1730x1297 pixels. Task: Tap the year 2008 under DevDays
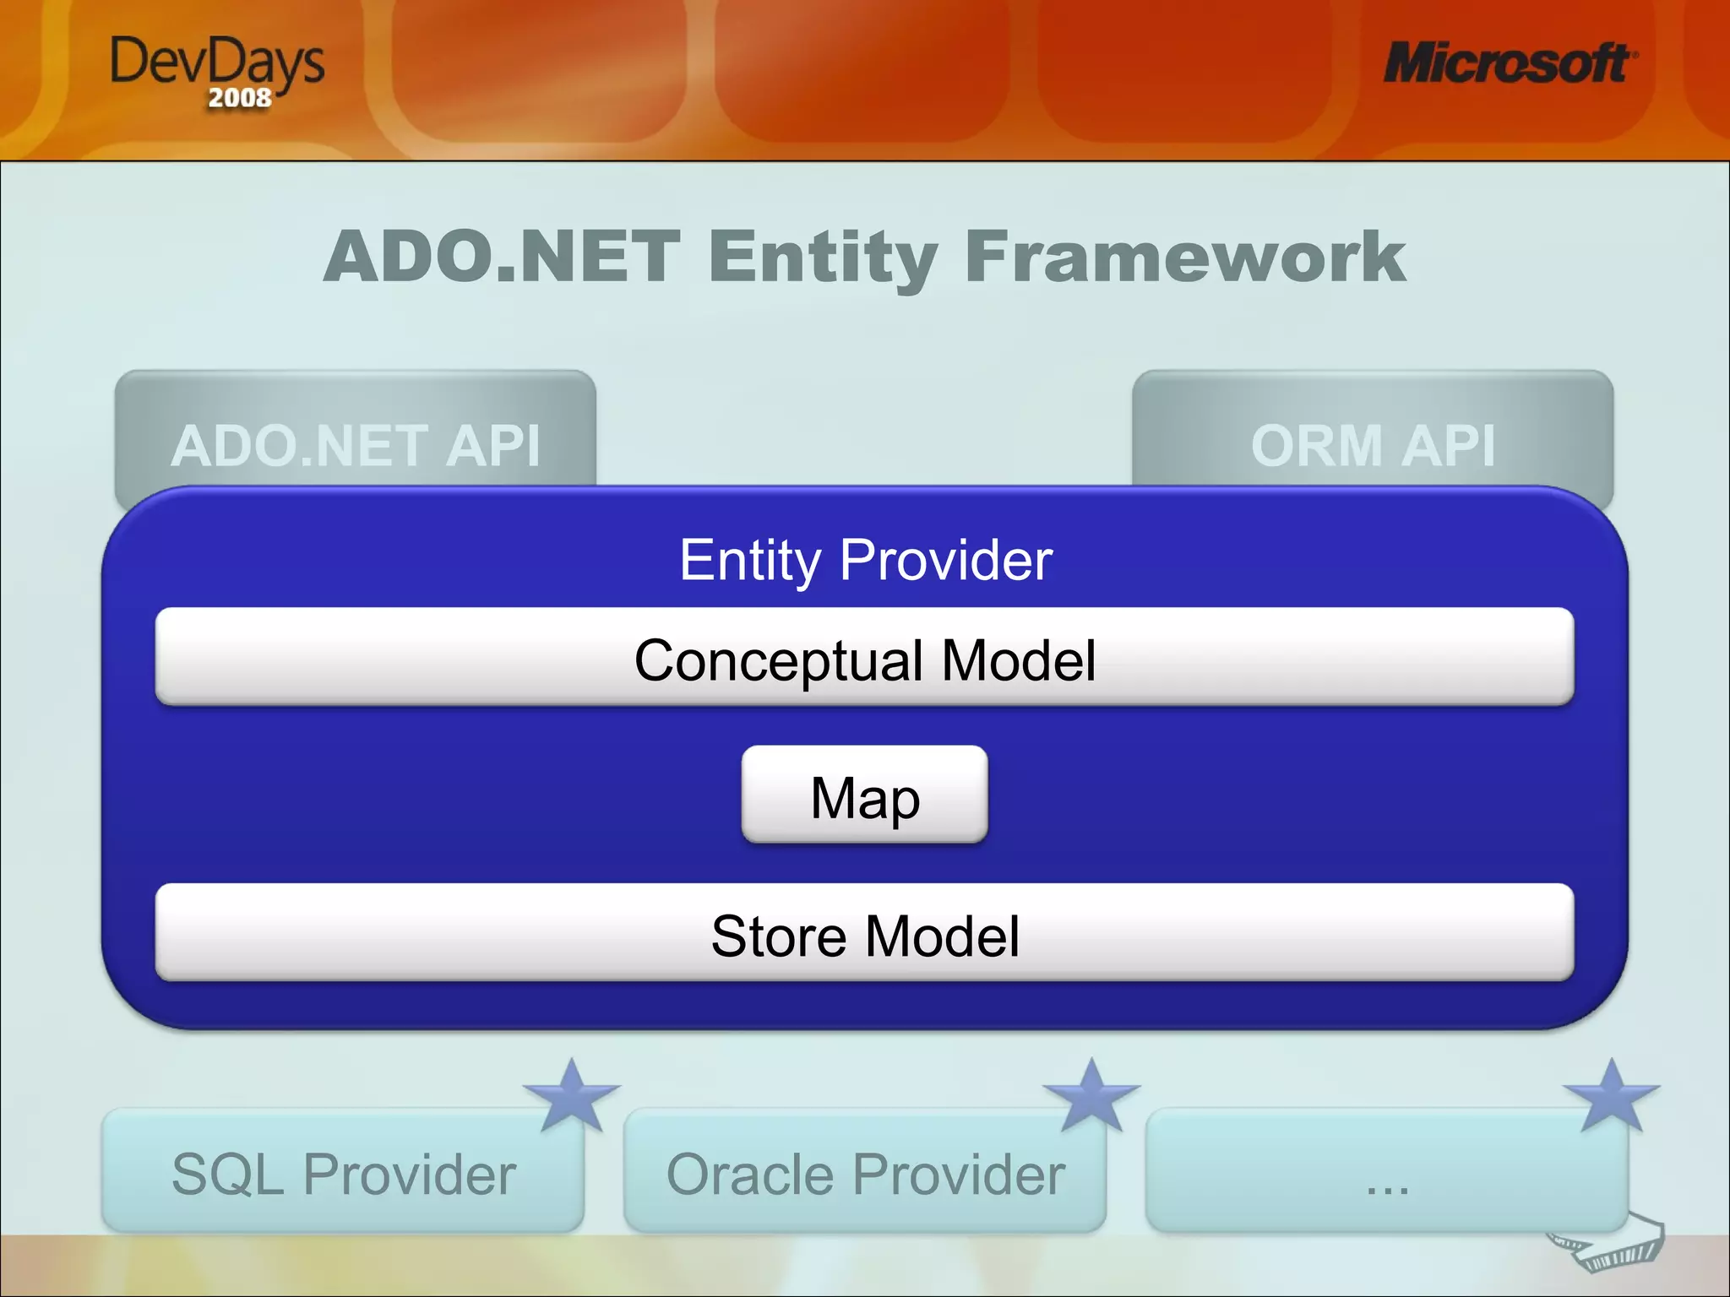pos(240,98)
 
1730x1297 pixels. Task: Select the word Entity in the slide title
pos(823,257)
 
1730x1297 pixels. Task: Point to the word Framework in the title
pos(1184,257)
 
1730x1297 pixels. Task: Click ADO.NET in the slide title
pos(502,257)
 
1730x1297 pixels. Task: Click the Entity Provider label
pos(866,560)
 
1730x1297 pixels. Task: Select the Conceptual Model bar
pos(864,658)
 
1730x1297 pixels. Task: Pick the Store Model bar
pos(864,934)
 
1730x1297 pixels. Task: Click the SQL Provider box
pos(343,1174)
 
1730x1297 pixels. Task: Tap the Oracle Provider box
pos(865,1174)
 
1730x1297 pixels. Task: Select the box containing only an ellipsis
pos(1386,1174)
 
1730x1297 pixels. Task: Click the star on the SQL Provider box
pos(573,1096)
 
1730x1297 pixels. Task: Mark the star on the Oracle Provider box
pos(1092,1096)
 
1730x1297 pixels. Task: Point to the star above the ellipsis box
pos(1612,1096)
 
